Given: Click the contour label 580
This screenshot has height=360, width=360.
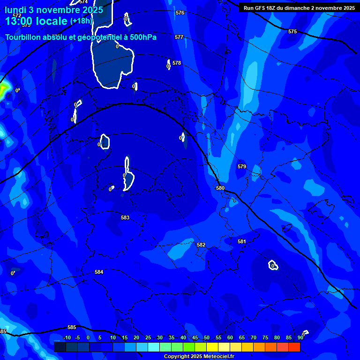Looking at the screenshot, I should click(220, 188).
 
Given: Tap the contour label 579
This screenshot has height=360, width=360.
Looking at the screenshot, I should click(241, 166).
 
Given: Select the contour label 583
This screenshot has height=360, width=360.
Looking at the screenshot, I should click(125, 217).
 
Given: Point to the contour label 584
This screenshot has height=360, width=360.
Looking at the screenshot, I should click(99, 272).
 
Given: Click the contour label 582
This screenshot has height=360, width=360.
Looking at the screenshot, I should click(201, 245).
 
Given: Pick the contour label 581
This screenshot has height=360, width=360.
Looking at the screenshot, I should click(241, 241).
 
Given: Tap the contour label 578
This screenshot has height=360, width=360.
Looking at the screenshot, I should click(177, 63).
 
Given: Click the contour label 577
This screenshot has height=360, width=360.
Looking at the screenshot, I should click(179, 37).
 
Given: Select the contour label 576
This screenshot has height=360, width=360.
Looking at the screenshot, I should click(180, 13).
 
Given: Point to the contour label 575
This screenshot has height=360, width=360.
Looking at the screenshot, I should click(292, 31).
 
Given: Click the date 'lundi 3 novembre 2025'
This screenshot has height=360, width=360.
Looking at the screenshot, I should click(53, 10).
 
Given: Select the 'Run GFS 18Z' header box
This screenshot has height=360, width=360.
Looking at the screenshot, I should click(299, 8).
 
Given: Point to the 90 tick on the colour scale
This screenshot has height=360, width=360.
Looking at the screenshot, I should click(300, 337).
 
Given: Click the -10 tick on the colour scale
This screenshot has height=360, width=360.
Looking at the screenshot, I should click(67, 337).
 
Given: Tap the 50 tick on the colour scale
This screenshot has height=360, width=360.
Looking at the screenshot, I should click(207, 337).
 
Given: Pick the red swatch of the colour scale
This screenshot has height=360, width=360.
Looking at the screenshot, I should click(294, 347).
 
